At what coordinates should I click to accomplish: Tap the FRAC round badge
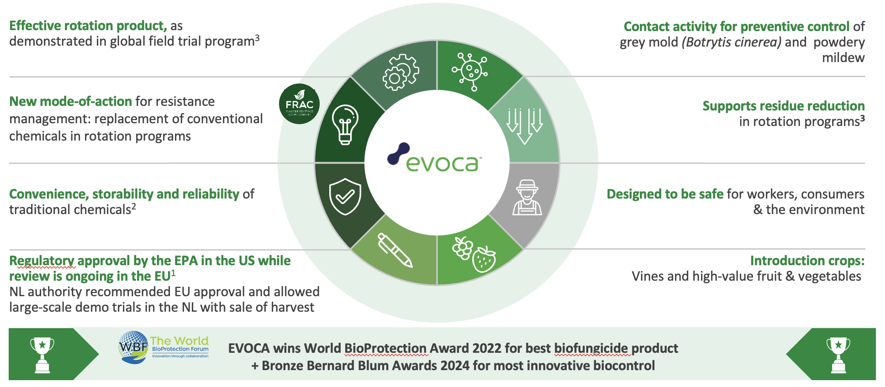(299, 104)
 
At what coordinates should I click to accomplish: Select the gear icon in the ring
(400, 72)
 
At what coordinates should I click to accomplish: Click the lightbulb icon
(345, 124)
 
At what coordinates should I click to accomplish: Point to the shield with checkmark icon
(345, 196)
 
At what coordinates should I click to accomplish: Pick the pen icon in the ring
(395, 250)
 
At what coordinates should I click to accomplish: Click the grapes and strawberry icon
(474, 254)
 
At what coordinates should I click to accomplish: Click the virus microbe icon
(470, 71)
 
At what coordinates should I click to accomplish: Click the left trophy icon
(42, 355)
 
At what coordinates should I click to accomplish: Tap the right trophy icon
(838, 355)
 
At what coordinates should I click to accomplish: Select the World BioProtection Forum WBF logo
(164, 347)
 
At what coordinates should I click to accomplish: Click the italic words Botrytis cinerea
(732, 42)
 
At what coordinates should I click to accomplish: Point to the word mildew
(843, 58)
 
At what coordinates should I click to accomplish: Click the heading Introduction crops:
(807, 261)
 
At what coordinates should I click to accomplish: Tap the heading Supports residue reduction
(783, 106)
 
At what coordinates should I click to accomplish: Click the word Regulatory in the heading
(42, 261)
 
